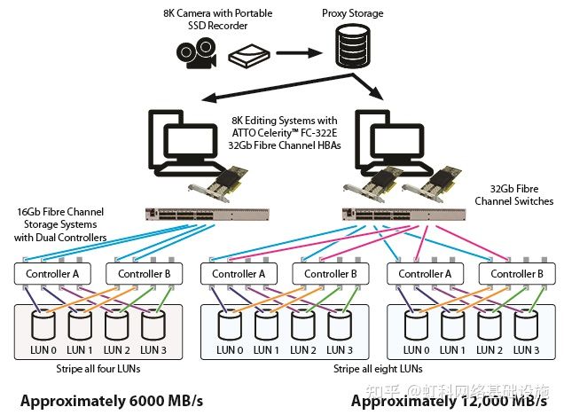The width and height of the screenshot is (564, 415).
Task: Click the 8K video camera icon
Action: point(192,55)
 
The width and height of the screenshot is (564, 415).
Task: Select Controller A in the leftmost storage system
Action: point(52,273)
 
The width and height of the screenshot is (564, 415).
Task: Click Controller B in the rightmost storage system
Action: point(516,273)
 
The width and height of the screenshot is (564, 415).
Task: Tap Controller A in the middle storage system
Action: point(239,273)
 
